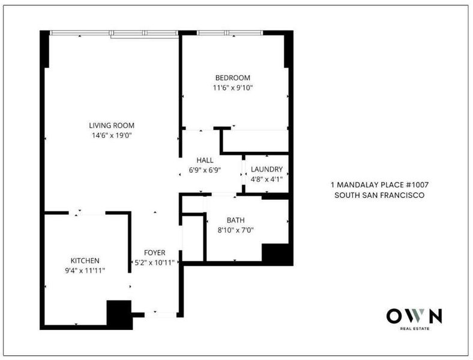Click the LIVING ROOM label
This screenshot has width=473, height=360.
(112, 125)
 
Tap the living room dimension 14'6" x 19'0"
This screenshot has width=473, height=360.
(112, 136)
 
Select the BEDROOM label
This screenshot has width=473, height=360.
(232, 78)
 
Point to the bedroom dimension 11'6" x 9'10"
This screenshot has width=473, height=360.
(232, 88)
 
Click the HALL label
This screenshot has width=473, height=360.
(205, 160)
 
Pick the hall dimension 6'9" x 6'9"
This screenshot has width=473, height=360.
(205, 170)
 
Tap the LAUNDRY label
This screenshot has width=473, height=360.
(267, 169)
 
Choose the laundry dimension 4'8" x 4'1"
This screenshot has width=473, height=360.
(267, 179)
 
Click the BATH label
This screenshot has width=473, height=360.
(235, 220)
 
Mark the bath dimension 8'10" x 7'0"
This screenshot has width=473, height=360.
(235, 230)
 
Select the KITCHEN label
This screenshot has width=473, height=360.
(85, 260)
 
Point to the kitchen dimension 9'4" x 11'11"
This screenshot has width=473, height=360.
(85, 271)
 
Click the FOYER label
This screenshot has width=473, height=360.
(154, 253)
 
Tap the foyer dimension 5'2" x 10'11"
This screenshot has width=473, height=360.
(154, 263)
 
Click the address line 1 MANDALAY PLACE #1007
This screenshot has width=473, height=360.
(379, 185)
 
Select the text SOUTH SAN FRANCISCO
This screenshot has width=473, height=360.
(379, 195)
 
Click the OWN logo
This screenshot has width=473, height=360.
(414, 316)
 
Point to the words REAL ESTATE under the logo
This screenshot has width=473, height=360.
(415, 329)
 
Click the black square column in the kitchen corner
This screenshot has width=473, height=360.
(119, 314)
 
